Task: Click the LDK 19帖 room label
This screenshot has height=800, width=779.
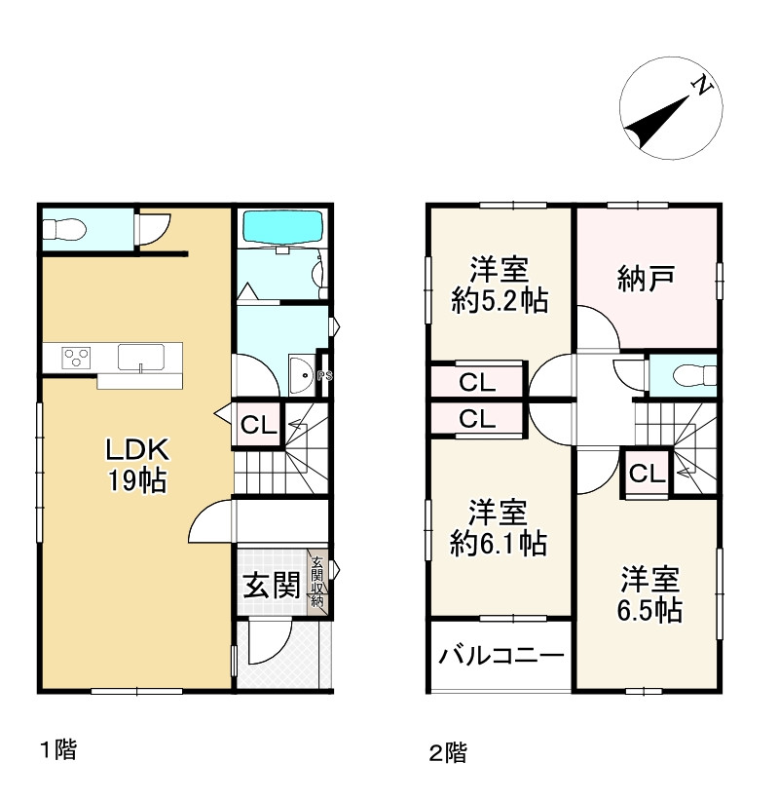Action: (x=139, y=465)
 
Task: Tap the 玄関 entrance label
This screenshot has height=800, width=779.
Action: (x=270, y=585)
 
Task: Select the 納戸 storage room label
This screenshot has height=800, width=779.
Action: (x=647, y=280)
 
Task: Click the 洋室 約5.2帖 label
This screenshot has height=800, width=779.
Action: (x=500, y=284)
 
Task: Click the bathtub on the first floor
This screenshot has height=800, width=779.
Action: (x=281, y=229)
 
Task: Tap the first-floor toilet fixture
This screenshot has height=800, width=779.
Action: (x=65, y=230)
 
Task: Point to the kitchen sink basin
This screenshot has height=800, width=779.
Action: (x=142, y=357)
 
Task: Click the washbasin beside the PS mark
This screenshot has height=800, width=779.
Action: (x=301, y=373)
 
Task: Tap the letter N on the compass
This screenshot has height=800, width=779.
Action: (x=701, y=88)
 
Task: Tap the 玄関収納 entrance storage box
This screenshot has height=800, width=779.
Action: (x=317, y=583)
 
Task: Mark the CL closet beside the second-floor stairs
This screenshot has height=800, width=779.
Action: (x=647, y=475)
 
